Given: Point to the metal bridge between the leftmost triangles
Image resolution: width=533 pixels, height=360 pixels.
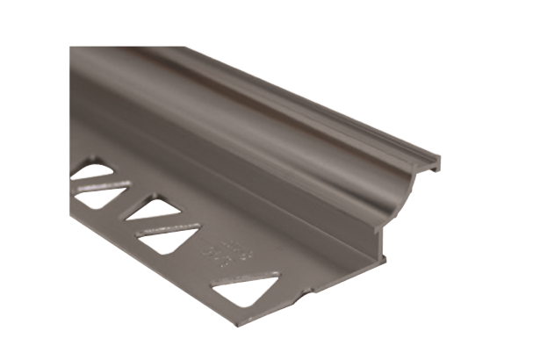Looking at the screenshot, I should point(97,185).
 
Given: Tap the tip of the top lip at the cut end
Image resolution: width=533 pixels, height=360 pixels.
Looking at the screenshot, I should point(438,162).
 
